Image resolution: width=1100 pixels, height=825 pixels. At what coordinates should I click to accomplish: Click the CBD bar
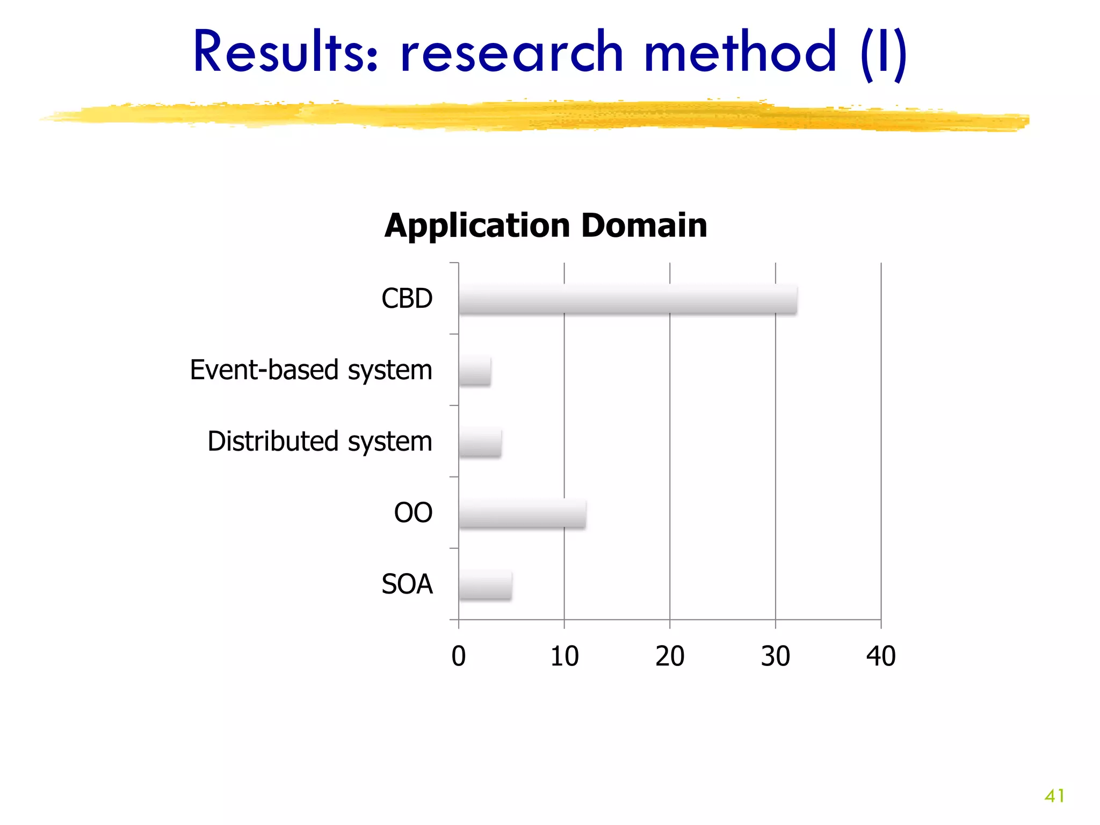pyautogui.click(x=627, y=300)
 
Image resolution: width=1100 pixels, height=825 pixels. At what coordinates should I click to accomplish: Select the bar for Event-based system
pyautogui.click(x=475, y=371)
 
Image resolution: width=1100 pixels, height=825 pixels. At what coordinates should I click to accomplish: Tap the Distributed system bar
pyautogui.click(x=480, y=443)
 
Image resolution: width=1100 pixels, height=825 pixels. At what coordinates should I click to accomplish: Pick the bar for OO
pyautogui.click(x=522, y=514)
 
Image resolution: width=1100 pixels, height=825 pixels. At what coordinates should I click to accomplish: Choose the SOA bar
pyautogui.click(x=485, y=585)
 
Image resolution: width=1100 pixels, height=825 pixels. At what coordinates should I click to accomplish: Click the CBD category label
pyautogui.click(x=407, y=299)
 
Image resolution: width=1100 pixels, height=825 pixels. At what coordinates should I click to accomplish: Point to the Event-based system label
pyautogui.click(x=311, y=370)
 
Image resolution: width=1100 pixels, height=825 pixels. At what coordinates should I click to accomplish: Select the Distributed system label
pyautogui.click(x=320, y=442)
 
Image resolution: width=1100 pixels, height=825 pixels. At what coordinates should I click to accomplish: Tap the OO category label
pyautogui.click(x=413, y=513)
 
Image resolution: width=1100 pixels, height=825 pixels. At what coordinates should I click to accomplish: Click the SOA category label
pyautogui.click(x=407, y=584)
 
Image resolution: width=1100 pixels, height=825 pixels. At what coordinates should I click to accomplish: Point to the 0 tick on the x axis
pyautogui.click(x=459, y=656)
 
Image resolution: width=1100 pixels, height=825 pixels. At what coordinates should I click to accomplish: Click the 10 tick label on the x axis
pyautogui.click(x=565, y=656)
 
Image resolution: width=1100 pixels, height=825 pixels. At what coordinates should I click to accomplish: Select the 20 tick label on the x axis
pyautogui.click(x=670, y=656)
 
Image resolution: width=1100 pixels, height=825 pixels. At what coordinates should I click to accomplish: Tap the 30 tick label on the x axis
pyautogui.click(x=775, y=656)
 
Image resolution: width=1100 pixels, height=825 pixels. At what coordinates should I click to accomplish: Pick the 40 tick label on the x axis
pyautogui.click(x=881, y=656)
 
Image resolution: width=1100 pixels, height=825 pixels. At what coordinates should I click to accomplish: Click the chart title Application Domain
pyautogui.click(x=546, y=225)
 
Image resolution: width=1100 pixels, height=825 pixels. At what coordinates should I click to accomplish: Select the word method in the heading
pyautogui.click(x=740, y=52)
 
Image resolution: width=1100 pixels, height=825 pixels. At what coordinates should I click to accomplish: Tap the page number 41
pyautogui.click(x=1054, y=795)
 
